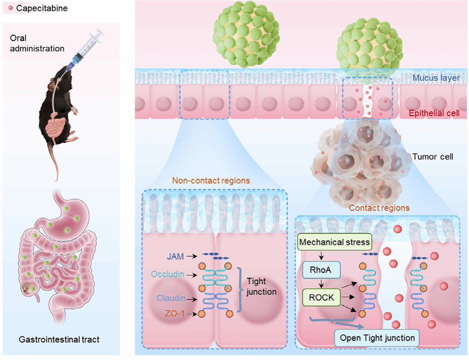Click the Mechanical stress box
click(x=335, y=242)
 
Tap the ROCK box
click(x=322, y=297)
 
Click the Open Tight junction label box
click(x=377, y=338)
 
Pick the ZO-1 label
click(x=176, y=314)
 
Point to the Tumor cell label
click(x=433, y=157)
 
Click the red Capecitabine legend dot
click(x=11, y=8)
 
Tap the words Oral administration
click(x=37, y=43)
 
